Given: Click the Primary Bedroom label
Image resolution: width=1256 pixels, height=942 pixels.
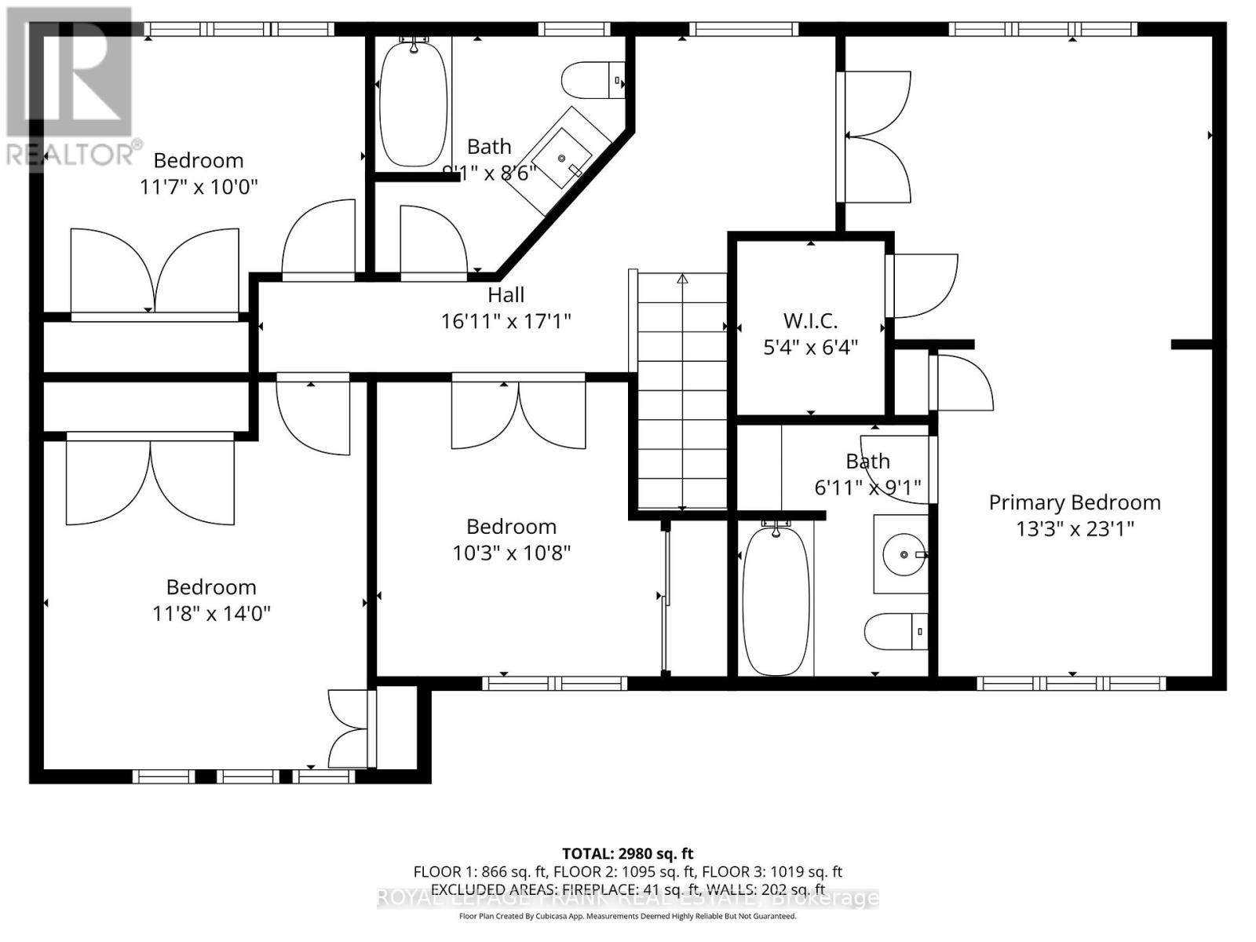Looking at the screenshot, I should [x=1074, y=502].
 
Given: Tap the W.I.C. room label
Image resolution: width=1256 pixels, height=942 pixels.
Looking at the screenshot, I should [x=810, y=320].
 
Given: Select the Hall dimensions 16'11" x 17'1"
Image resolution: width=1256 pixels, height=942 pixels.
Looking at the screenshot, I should [x=506, y=321].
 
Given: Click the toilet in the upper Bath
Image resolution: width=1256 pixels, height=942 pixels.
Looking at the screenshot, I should [x=593, y=80].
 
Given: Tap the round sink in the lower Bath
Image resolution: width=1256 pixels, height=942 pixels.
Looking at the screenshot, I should [x=903, y=555].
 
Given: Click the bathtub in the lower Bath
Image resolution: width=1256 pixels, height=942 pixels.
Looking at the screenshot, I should [x=776, y=601].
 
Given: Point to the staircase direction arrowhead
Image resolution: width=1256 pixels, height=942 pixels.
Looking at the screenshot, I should [x=682, y=279].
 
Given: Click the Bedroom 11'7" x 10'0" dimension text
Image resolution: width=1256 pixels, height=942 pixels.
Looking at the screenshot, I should [x=199, y=187].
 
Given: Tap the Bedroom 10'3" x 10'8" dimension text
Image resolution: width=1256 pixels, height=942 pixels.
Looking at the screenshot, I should [x=511, y=553].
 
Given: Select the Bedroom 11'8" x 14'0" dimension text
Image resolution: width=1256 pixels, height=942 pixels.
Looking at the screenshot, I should [x=211, y=613].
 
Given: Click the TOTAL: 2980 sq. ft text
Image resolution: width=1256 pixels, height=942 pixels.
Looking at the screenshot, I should [x=627, y=853].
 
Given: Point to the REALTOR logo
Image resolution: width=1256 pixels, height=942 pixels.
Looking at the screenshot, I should [x=71, y=86].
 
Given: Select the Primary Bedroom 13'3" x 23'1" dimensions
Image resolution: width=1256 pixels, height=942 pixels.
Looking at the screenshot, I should [x=1075, y=529].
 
